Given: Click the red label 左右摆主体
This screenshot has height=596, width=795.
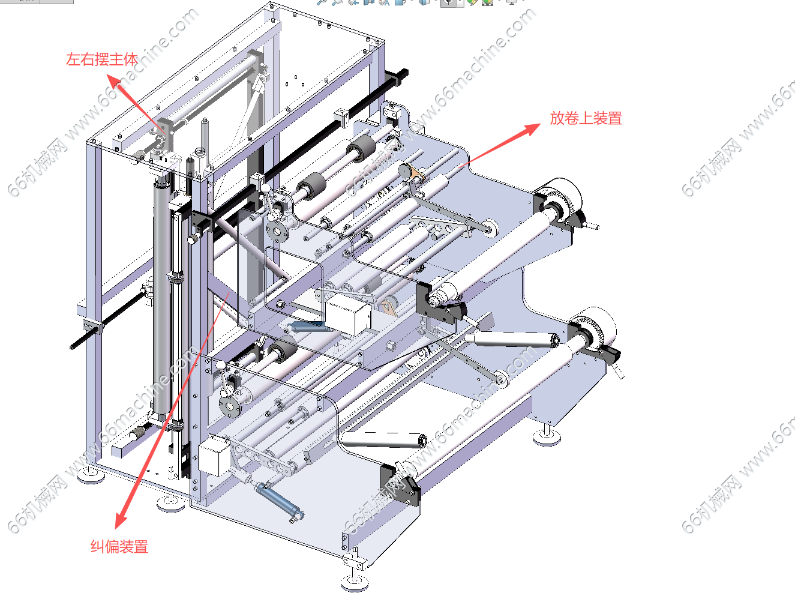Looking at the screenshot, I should pyautogui.click(x=102, y=59).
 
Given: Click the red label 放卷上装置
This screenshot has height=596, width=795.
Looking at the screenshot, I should pyautogui.click(x=586, y=118).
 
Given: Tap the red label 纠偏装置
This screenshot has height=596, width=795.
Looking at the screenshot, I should pyautogui.click(x=119, y=547).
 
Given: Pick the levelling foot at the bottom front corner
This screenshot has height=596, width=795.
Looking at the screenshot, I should pyautogui.click(x=355, y=580).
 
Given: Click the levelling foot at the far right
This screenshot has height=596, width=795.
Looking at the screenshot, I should pyautogui.click(x=547, y=436).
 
